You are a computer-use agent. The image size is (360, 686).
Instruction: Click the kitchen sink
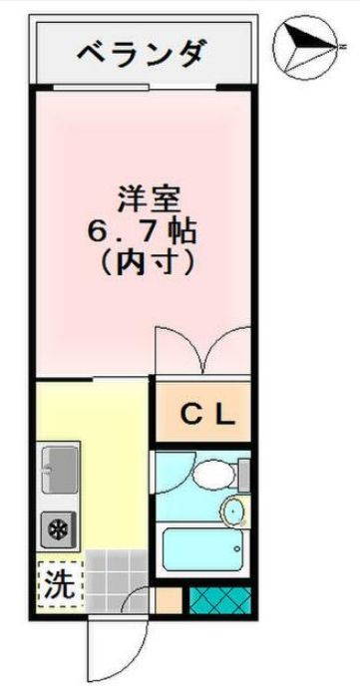click(x=61, y=467)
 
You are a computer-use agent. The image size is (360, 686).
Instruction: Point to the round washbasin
click(x=233, y=512)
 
